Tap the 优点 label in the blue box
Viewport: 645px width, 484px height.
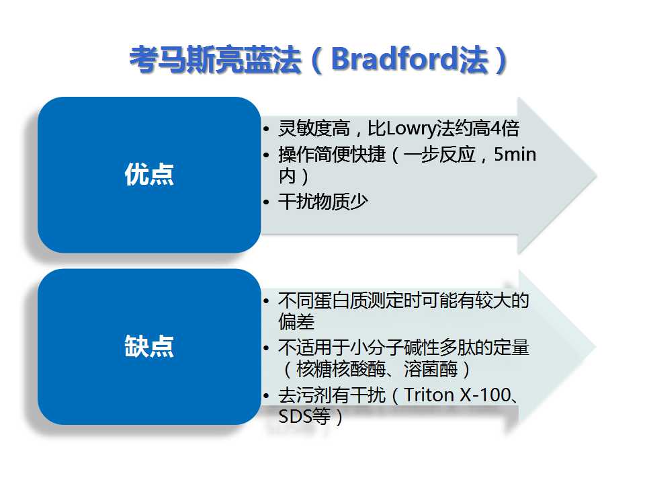coord(149,174)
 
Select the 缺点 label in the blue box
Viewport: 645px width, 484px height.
coord(149,346)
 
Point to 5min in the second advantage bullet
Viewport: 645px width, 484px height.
coord(515,155)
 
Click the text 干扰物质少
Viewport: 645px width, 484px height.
coord(323,202)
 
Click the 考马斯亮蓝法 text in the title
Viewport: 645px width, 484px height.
coord(215,60)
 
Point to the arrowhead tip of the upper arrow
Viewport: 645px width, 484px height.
coord(596,175)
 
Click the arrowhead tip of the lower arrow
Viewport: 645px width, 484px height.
coord(595,347)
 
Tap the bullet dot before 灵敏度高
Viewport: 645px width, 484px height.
coord(266,129)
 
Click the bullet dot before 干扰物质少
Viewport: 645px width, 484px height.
coord(266,202)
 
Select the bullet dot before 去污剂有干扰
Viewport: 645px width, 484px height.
coord(266,396)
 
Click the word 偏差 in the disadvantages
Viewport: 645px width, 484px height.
coord(296,322)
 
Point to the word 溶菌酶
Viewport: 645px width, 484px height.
coord(431,369)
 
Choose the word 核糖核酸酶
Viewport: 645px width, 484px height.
coord(341,369)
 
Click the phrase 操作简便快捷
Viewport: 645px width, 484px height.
coord(332,155)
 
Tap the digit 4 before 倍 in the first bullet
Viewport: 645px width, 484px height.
coord(496,129)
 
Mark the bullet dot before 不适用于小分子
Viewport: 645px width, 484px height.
coord(266,348)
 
